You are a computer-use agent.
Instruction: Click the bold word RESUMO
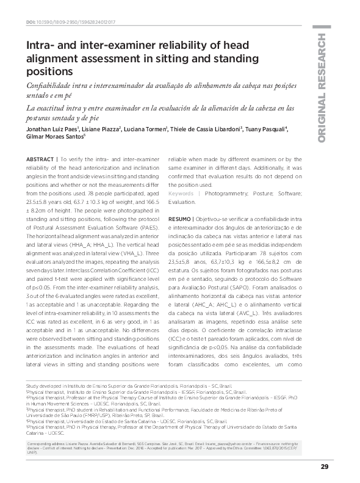click(179, 218)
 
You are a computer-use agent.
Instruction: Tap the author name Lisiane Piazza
click(99, 129)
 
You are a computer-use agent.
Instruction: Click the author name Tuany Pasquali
click(267, 129)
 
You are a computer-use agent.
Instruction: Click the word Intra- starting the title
click(40, 46)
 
